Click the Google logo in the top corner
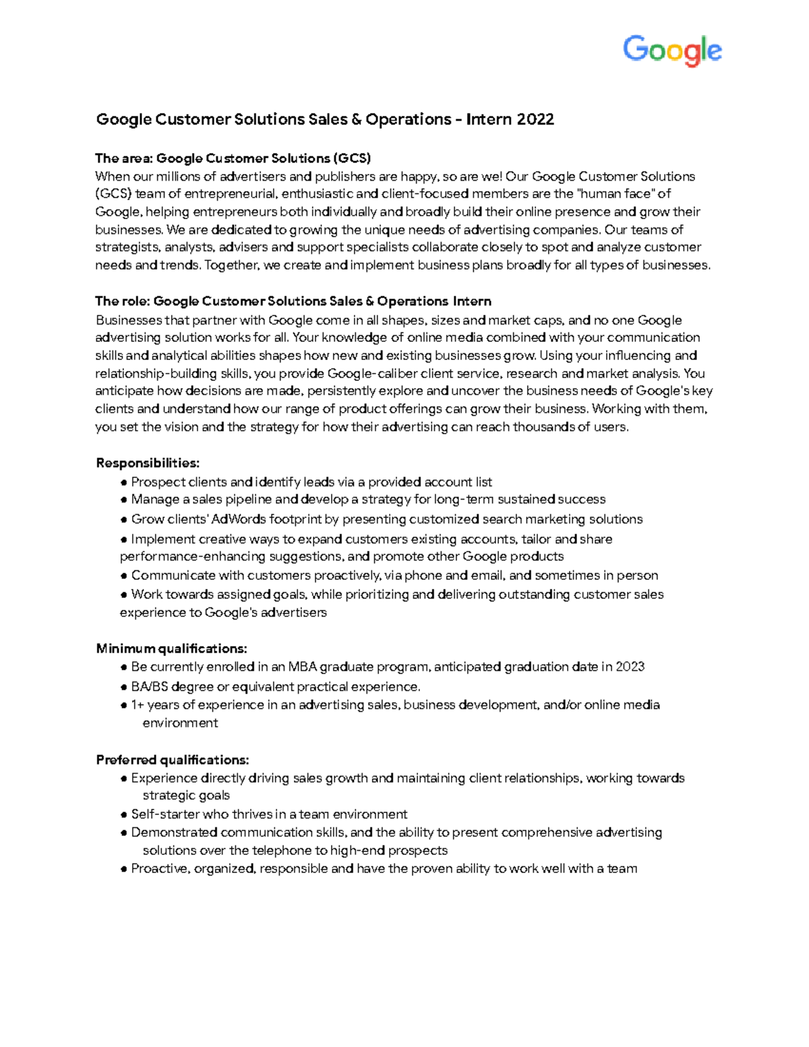[x=672, y=51]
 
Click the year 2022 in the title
[x=535, y=119]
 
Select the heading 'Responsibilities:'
[x=148, y=463]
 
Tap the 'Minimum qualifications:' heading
[x=171, y=649]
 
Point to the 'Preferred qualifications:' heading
[x=173, y=760]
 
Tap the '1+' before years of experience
[x=138, y=705]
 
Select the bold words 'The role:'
[x=123, y=301]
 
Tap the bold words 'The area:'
[x=124, y=158]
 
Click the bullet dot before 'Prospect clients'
[x=124, y=483]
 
